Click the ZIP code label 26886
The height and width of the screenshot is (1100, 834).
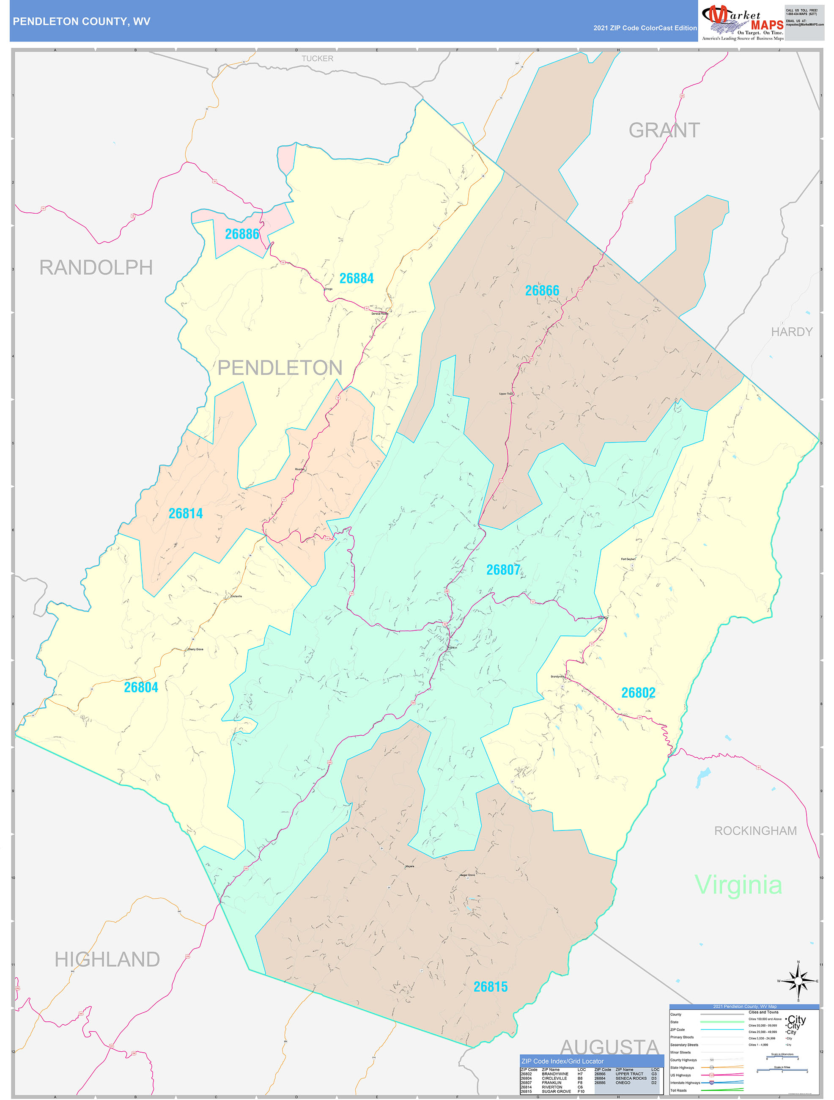point(242,234)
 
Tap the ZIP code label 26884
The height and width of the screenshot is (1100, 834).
point(357,278)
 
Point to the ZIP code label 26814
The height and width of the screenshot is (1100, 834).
point(185,513)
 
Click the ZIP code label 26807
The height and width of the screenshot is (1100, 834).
point(503,570)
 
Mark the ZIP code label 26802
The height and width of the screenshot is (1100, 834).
point(638,693)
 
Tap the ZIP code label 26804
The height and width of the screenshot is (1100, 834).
point(141,687)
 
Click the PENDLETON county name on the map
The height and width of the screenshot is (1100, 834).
point(280,368)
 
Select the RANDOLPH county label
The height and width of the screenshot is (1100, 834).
point(96,267)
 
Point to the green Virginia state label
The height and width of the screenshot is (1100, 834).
point(738,885)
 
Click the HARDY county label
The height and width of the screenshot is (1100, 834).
point(791,332)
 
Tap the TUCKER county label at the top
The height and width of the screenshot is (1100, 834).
point(317,59)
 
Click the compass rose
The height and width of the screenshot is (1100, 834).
point(798,981)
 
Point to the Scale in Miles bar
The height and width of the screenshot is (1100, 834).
point(782,1072)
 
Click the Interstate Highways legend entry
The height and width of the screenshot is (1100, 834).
point(685,1083)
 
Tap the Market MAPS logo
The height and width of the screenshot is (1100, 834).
point(743,22)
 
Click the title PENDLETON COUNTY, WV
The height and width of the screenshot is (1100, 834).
point(82,22)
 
